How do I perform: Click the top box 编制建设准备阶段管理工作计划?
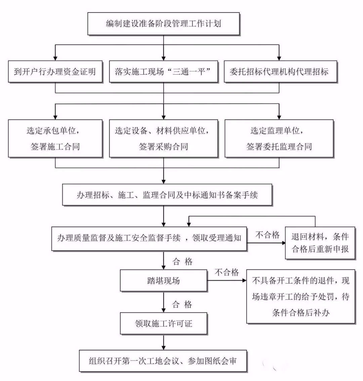[x=163, y=24]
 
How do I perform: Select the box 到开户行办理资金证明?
[x=55, y=71]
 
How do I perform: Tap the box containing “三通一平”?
[x=163, y=71]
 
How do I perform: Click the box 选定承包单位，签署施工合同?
[x=55, y=138]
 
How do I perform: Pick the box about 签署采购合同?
[x=163, y=138]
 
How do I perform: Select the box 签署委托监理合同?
[x=279, y=138]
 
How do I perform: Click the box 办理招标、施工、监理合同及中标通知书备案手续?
[x=167, y=195]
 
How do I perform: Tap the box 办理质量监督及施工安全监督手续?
[x=149, y=238]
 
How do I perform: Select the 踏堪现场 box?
[x=163, y=280]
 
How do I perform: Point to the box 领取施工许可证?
[x=163, y=324]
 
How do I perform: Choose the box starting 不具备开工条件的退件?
[x=301, y=296]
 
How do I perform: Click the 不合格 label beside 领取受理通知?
[x=268, y=235]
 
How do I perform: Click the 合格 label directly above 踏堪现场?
[x=183, y=262]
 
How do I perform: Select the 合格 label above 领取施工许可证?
[x=183, y=305]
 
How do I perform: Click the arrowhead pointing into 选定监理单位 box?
[x=279, y=116]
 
